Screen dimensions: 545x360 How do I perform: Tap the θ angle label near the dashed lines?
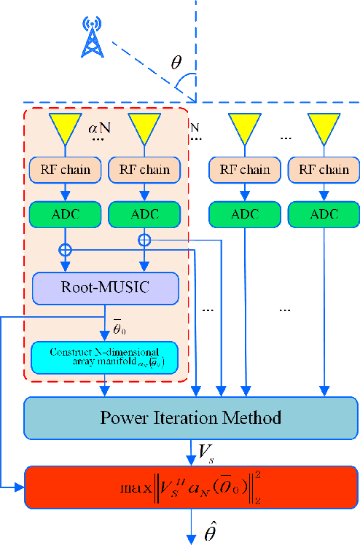point(177,63)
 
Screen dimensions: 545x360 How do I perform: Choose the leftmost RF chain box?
point(65,170)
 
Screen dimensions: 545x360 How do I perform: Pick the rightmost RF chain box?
point(323,170)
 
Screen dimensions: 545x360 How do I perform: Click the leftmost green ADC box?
point(65,214)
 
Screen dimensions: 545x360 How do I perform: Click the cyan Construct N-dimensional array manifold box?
point(106,357)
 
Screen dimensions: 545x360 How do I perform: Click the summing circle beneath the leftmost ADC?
point(65,249)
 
